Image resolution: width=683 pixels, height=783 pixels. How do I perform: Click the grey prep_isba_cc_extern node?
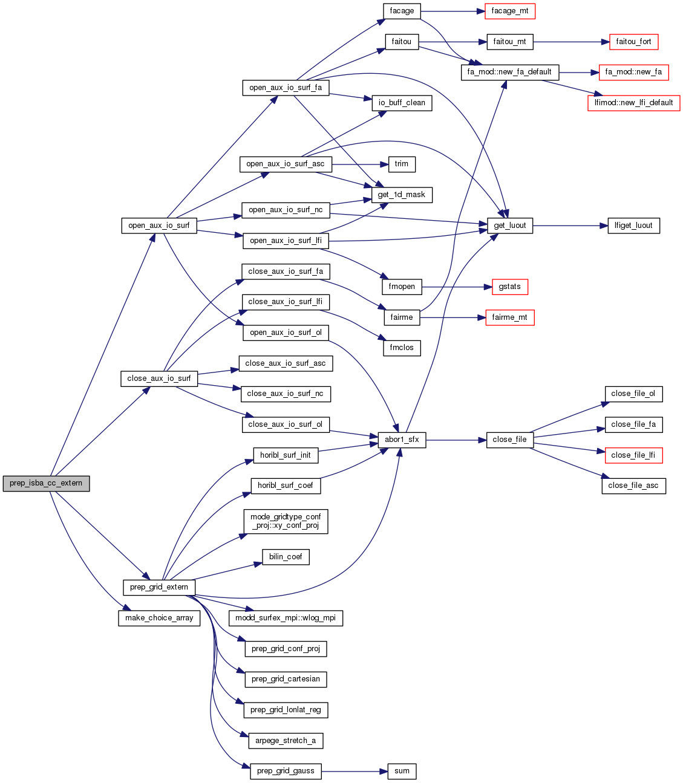click(46, 484)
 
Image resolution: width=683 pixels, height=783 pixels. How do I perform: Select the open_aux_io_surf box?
click(159, 226)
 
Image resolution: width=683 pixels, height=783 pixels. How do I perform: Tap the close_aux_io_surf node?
click(159, 379)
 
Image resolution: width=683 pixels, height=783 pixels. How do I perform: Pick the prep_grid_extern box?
click(159, 587)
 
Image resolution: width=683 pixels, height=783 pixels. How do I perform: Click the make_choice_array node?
click(159, 618)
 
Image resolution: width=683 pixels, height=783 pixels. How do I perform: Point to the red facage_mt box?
click(510, 11)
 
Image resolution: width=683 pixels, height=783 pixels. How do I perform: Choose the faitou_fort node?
click(633, 42)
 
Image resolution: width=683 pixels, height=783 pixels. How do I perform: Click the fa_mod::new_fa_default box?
click(510, 72)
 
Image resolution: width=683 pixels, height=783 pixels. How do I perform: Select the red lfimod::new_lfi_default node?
click(633, 103)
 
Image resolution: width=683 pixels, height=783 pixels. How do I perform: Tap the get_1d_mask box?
click(402, 195)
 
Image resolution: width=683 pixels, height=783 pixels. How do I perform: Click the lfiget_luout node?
click(633, 226)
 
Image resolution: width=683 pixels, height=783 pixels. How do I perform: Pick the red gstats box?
click(510, 287)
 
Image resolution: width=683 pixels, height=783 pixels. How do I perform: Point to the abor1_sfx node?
click(402, 440)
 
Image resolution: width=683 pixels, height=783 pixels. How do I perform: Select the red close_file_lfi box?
click(633, 455)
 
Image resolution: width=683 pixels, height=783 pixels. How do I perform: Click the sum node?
click(402, 771)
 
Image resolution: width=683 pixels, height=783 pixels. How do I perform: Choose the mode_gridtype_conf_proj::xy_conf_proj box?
click(286, 521)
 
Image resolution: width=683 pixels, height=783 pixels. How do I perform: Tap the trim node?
click(402, 164)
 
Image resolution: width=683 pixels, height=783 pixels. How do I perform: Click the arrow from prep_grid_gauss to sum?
click(354, 771)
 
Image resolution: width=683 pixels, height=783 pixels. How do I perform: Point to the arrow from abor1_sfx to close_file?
click(456, 440)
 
